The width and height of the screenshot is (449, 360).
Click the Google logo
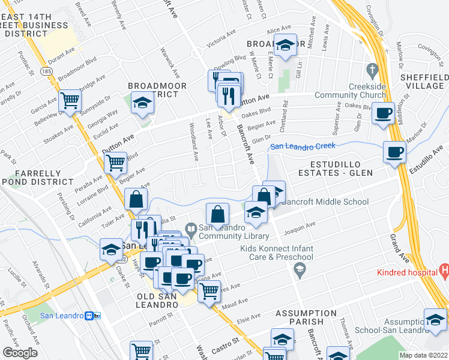click(x=20, y=353)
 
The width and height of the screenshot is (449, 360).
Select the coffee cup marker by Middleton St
click(x=383, y=113)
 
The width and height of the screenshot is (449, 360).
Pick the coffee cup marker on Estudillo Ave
click(x=394, y=152)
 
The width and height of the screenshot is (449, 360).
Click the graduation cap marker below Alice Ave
click(x=286, y=44)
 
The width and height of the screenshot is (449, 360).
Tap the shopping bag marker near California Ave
click(x=136, y=199)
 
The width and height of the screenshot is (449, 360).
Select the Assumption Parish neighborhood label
click(x=306, y=317)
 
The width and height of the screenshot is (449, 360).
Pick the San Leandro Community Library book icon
click(x=191, y=229)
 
